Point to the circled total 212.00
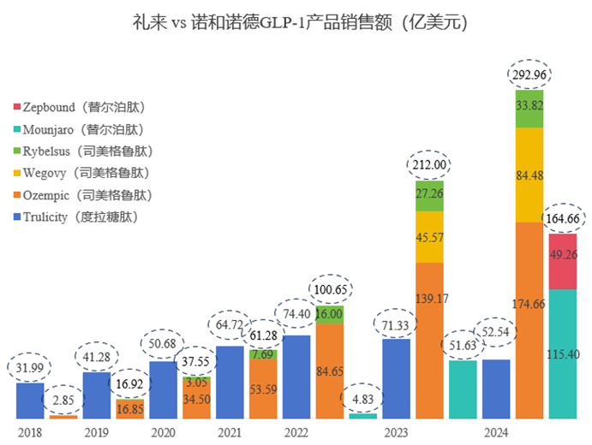pos(429,164)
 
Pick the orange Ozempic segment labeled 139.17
pos(429,341)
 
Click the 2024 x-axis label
pos(497,433)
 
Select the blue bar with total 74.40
pos(296,377)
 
